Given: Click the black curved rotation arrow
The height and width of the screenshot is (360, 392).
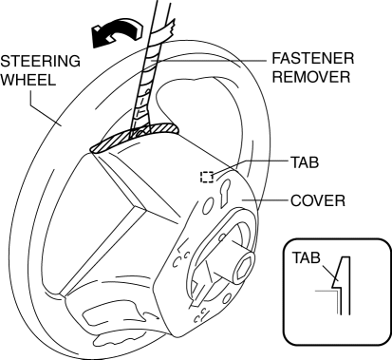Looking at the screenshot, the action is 116,32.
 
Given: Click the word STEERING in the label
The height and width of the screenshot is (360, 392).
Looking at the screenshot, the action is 40,61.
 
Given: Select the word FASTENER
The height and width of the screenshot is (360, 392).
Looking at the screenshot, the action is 312,59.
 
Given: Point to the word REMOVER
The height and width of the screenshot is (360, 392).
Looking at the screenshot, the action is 311,77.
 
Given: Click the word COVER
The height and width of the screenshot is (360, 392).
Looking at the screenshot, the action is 318,200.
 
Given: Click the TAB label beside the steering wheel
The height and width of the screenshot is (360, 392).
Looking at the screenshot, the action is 305,162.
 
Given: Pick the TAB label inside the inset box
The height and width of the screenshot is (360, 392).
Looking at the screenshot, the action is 306,257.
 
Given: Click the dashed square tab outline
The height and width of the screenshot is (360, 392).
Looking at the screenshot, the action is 207,177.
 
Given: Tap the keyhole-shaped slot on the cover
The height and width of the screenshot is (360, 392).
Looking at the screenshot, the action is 226,194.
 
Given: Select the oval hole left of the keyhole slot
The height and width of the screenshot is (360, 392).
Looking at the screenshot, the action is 206,206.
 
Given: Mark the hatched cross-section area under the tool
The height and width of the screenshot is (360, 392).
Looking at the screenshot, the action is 135,136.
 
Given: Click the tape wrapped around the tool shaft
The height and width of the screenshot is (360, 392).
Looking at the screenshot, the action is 144,95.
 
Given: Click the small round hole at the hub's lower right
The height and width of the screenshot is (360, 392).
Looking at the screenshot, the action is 227,299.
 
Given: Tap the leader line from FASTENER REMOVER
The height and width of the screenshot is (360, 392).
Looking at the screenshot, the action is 209,60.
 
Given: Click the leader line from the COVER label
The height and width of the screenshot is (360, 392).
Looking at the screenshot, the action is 265,200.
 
